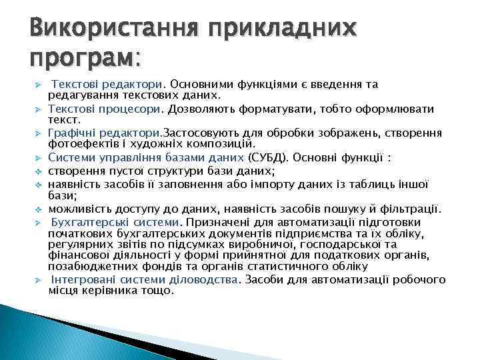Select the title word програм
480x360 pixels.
81,58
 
